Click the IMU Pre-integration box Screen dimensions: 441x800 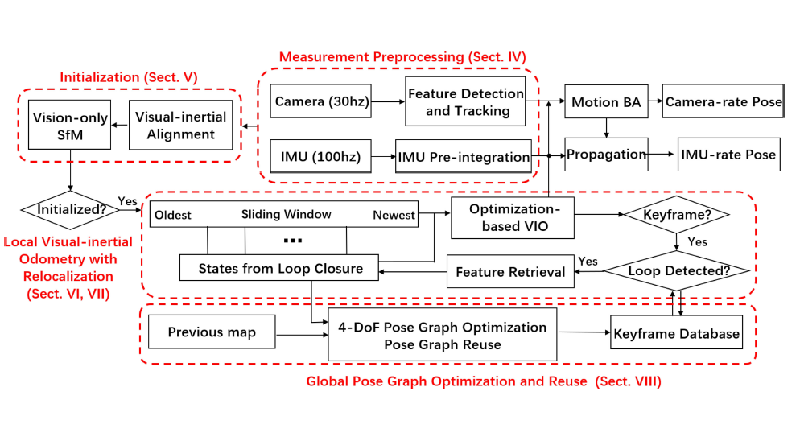[x=464, y=156]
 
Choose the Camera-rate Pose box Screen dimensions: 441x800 [x=723, y=102]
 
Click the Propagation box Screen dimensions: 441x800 [x=606, y=155]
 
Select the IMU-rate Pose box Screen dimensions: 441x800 [x=728, y=155]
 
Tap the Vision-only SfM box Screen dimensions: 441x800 [x=71, y=125]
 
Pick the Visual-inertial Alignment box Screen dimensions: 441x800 [x=181, y=125]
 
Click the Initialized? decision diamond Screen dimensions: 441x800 [x=71, y=209]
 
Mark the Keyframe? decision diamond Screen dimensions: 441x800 [x=675, y=215]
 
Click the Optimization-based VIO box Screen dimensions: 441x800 [x=514, y=217]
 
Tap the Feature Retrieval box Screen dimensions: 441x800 [x=510, y=271]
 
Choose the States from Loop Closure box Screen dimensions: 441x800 [x=279, y=268]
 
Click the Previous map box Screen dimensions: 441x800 [x=212, y=332]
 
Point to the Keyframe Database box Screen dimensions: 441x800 [x=675, y=332]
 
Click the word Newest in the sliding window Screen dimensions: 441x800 [x=394, y=215]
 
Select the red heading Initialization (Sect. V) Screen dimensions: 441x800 [x=129, y=77]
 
